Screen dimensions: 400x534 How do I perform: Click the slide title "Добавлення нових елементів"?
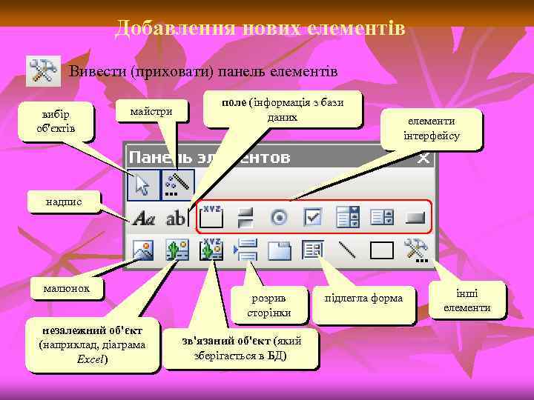click(260, 29)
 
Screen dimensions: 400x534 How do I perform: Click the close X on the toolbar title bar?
click(423, 158)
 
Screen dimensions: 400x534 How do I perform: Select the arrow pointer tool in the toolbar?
click(141, 185)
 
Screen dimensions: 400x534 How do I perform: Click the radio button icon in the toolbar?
click(280, 218)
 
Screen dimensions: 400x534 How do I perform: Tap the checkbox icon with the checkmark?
click(313, 218)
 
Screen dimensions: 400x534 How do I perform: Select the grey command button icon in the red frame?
click(415, 218)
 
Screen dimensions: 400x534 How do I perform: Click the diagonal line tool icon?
click(346, 250)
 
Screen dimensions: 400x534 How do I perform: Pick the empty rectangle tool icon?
click(381, 250)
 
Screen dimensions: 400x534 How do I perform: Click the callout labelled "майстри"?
click(151, 112)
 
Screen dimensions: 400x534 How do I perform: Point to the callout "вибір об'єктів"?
click(56, 121)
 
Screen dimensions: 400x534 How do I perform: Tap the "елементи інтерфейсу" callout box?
click(432, 129)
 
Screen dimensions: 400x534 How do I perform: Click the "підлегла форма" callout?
click(364, 298)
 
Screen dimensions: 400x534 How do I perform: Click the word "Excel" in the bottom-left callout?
click(92, 359)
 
